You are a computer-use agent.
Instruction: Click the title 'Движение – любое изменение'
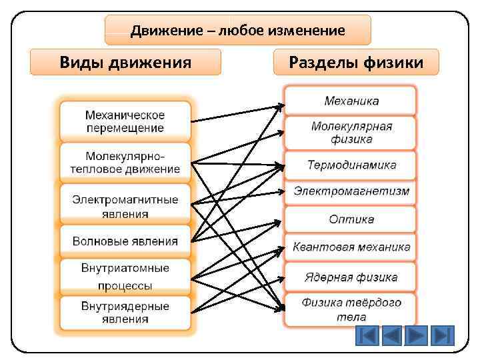click(x=238, y=31)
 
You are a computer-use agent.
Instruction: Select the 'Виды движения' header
click(x=126, y=63)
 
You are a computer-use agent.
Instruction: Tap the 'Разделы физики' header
click(x=356, y=63)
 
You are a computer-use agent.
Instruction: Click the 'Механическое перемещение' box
click(x=125, y=121)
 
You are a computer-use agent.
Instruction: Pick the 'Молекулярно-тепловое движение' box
click(x=125, y=162)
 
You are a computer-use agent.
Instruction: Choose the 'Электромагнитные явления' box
click(x=125, y=206)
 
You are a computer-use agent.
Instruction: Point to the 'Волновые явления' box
click(x=125, y=241)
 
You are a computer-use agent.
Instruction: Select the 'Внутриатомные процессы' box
click(x=125, y=277)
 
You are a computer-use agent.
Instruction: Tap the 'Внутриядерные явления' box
click(x=125, y=313)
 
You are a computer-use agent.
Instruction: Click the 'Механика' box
click(x=351, y=101)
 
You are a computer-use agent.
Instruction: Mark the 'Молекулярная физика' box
click(x=351, y=133)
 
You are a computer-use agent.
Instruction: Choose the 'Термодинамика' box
click(x=351, y=165)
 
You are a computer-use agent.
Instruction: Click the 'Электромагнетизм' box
click(x=351, y=192)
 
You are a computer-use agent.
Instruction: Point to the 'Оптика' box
click(x=351, y=219)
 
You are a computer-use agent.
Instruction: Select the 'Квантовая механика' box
click(x=351, y=247)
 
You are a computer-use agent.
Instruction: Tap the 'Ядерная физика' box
click(x=351, y=277)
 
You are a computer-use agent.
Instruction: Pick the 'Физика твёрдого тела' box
click(x=351, y=309)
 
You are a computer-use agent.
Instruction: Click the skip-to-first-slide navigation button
click(x=366, y=335)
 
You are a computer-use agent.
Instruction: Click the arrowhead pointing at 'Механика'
click(x=280, y=105)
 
